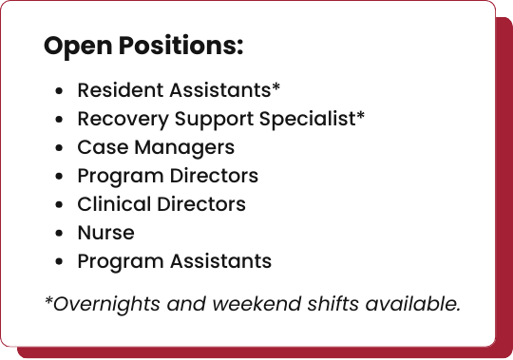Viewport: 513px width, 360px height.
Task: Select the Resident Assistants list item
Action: click(179, 91)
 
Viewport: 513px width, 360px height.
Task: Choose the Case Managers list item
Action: click(156, 148)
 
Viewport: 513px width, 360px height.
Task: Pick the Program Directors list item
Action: click(167, 176)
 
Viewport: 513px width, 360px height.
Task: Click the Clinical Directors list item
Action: click(161, 204)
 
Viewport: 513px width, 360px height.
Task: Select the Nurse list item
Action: click(105, 233)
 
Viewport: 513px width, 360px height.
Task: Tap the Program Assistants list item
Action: click(174, 261)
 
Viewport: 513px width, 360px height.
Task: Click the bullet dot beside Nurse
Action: click(60, 234)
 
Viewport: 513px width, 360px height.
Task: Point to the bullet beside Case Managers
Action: click(60, 149)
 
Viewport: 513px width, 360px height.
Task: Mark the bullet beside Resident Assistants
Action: click(60, 92)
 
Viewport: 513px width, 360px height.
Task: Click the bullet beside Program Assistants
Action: click(60, 262)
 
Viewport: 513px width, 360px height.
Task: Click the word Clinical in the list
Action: click(109, 204)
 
